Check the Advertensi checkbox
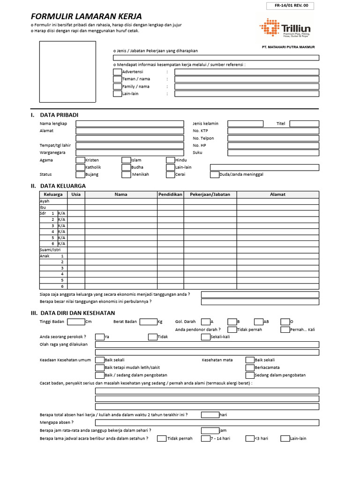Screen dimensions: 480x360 point(117,72)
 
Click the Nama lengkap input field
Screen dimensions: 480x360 point(130,124)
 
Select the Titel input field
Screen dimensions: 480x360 point(304,124)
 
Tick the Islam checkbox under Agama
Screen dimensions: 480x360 point(126,160)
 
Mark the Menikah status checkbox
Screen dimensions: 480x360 point(126,175)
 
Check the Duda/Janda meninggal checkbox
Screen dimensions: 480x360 point(215,175)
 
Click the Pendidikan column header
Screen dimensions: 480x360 point(170,194)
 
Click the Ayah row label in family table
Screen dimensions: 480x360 point(45,201)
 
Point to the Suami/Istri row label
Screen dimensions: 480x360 point(50,250)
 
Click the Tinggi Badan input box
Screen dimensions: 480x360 point(76,322)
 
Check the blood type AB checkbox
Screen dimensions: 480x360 point(259,322)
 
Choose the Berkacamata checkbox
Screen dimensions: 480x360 point(250,368)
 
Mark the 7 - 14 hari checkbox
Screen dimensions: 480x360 point(206,439)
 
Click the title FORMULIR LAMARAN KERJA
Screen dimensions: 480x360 point(86,16)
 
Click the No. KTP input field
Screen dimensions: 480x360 point(273,131)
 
